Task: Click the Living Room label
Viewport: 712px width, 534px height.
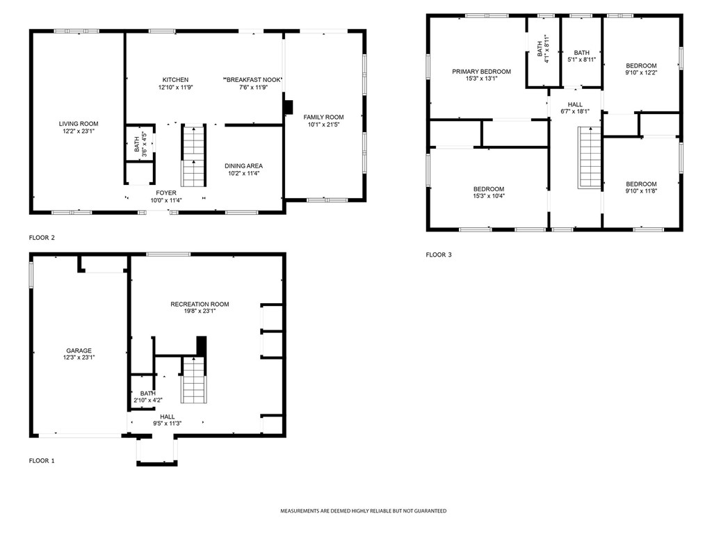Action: click(78, 123)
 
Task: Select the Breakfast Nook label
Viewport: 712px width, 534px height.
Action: click(252, 79)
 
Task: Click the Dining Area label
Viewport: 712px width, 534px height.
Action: click(243, 165)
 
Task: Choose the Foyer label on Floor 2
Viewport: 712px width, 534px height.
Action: click(166, 193)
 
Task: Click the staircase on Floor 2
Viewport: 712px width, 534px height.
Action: click(193, 156)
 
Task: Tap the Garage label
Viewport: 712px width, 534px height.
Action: click(79, 350)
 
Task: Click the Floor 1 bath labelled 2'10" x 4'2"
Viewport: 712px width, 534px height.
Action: click(147, 396)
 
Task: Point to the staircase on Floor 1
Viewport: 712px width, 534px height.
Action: click(193, 381)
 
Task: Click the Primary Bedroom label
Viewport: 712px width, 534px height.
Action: click(481, 71)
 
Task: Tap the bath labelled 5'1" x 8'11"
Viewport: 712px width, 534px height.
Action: click(581, 53)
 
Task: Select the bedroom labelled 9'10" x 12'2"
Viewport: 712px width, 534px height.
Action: click(640, 65)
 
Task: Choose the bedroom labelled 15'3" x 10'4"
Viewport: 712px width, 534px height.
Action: click(489, 189)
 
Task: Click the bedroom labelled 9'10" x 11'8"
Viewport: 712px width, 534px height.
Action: click(640, 184)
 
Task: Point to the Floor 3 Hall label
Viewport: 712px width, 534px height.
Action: click(574, 104)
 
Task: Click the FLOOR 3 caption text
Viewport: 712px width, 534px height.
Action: click(439, 255)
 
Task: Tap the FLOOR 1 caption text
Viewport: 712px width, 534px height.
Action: click(42, 460)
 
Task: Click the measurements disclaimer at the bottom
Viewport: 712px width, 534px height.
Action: click(363, 511)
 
